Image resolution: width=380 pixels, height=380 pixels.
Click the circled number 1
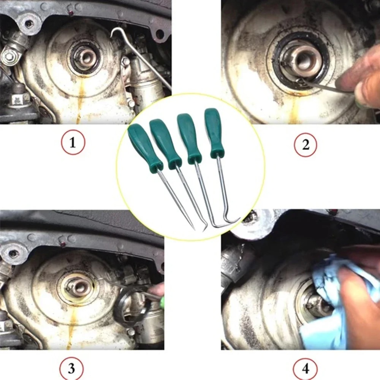coord(73,144)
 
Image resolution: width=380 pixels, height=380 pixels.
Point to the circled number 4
coord(306,367)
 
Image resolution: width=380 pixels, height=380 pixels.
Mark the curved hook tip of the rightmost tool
coord(238,219)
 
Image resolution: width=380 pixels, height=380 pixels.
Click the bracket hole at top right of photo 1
coord(160,34)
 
